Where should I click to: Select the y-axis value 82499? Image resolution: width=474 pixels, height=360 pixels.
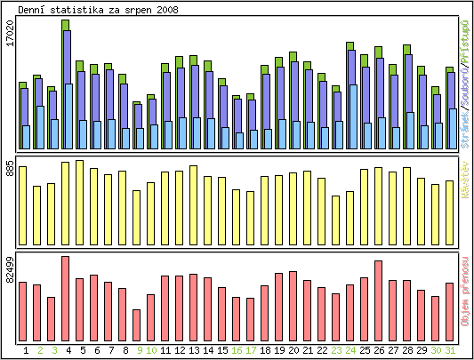pyautogui.click(x=10, y=269)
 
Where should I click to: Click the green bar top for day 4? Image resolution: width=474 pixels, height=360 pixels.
pyautogui.click(x=66, y=25)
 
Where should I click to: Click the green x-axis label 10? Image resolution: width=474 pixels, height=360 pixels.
pyautogui.click(x=151, y=350)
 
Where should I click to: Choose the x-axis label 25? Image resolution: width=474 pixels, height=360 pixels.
pyautogui.click(x=365, y=350)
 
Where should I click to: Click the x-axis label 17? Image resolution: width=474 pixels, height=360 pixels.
pyautogui.click(x=251, y=350)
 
